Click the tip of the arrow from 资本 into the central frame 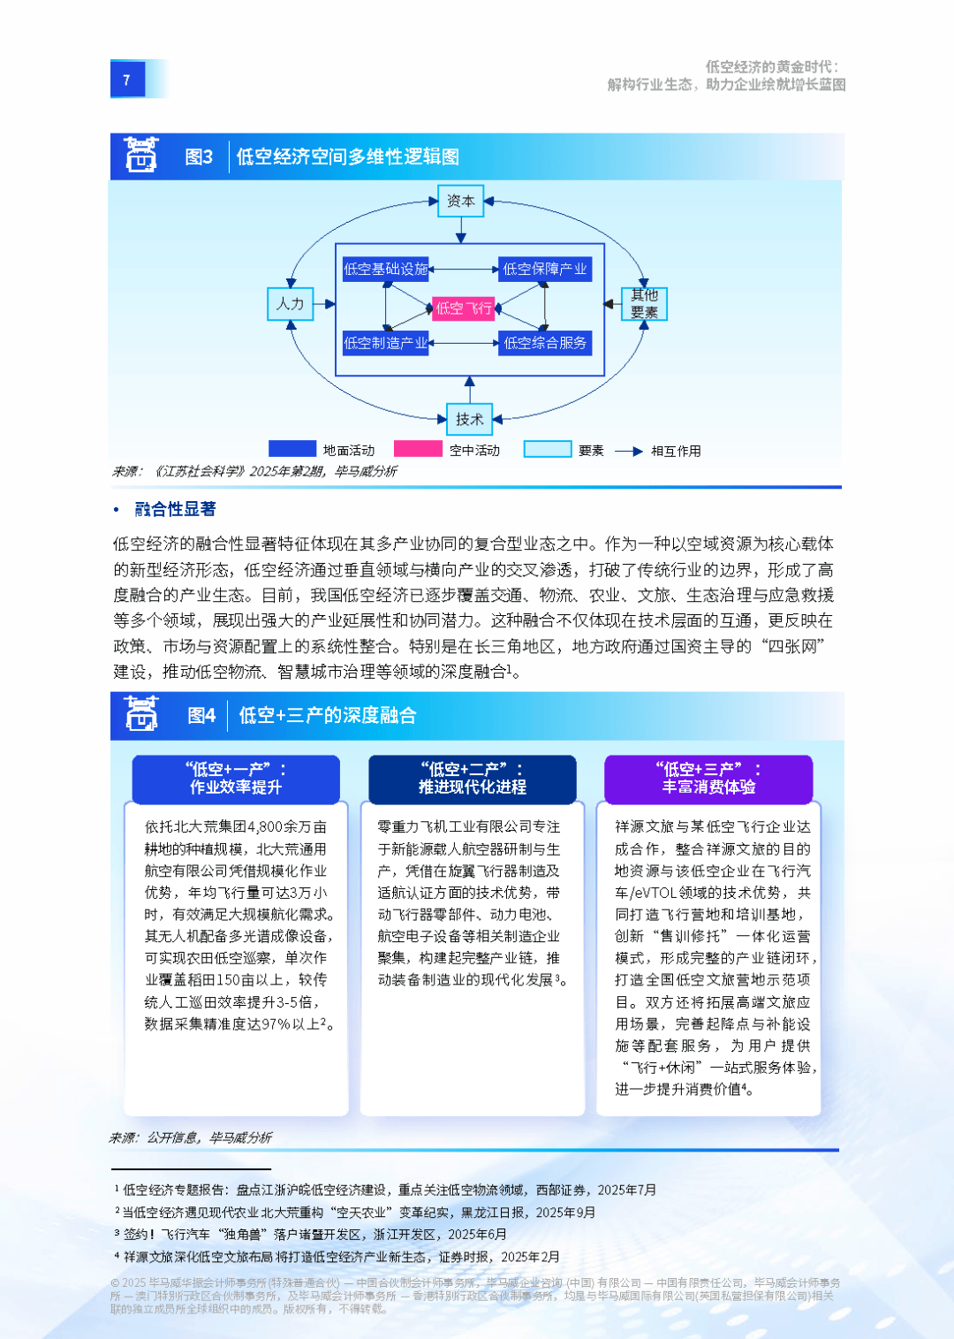tap(460, 243)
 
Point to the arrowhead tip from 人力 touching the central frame tap(335, 304)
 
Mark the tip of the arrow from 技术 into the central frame tap(470, 376)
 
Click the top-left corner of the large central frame tap(336, 244)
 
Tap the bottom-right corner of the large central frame tap(604, 376)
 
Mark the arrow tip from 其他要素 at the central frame tap(604, 304)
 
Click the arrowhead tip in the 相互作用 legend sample tap(643, 452)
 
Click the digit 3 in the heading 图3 tap(207, 156)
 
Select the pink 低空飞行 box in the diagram tap(463, 308)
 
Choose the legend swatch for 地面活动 tap(292, 448)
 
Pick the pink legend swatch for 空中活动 tap(418, 448)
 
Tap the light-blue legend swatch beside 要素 tap(547, 449)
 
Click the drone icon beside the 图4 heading tap(141, 713)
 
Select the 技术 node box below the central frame tap(470, 419)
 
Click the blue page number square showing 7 tap(127, 79)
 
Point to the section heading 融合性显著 tap(175, 509)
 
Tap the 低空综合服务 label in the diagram tap(545, 343)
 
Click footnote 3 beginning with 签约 tap(311, 1235)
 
